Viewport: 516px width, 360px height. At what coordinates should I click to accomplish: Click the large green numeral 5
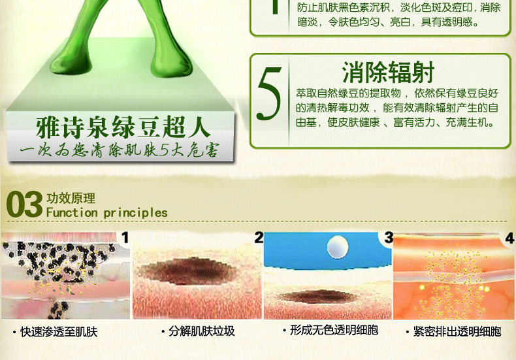tap(269, 94)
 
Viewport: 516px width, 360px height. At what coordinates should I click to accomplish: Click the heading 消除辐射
tap(389, 73)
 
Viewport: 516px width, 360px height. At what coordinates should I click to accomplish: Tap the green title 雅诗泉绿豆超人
tap(123, 127)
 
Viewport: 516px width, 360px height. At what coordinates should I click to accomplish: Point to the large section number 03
tap(24, 205)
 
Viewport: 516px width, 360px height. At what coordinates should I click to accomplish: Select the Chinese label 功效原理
tap(71, 198)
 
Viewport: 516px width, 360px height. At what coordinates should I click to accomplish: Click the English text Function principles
tap(107, 212)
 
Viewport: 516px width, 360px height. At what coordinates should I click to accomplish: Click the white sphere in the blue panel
tap(337, 247)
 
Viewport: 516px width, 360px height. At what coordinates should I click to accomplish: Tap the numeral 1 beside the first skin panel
tap(125, 238)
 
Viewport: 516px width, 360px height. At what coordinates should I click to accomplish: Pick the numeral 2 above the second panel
tap(259, 238)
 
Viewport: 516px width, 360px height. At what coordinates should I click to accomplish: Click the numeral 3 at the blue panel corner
tap(389, 238)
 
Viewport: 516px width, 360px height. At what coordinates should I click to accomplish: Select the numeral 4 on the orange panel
tap(509, 238)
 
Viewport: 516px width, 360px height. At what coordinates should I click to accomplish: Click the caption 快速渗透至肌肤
tap(59, 332)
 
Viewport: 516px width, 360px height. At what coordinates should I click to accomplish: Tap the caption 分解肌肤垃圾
tap(202, 331)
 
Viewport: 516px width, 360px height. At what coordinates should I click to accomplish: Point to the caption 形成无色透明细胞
tap(334, 330)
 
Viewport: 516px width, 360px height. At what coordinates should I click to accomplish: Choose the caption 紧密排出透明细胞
tap(457, 331)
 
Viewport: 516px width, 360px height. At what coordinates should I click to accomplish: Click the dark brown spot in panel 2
tap(187, 270)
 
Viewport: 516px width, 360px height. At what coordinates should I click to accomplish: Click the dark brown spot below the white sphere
tap(317, 297)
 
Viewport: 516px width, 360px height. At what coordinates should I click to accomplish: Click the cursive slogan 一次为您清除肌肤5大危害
tap(119, 150)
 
